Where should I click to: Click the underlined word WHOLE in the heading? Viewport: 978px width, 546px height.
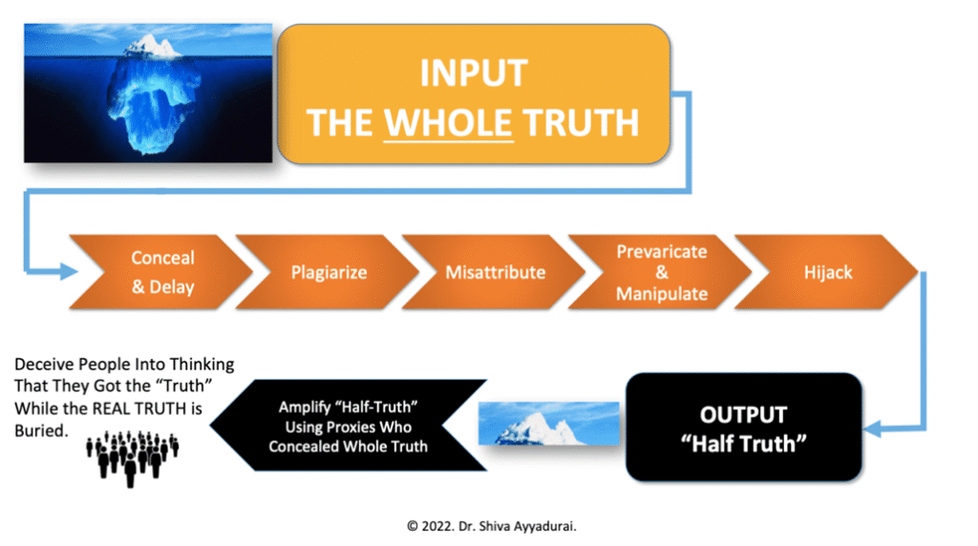448,123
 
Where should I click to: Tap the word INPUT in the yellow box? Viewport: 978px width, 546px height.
474,73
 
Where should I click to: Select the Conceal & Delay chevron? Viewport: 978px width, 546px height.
160,272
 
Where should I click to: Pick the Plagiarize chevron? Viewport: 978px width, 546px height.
328,272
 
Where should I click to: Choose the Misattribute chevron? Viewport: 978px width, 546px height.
494,272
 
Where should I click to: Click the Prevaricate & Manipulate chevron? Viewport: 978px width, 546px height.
661,272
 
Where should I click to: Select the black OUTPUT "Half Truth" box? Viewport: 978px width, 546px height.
743,427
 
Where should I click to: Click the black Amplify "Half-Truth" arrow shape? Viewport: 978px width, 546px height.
348,426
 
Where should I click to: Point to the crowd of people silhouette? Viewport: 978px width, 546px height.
132,457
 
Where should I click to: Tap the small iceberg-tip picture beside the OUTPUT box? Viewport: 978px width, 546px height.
549,424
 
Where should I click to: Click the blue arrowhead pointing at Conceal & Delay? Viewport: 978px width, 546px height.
69,271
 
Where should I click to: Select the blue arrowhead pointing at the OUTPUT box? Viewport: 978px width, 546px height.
873,429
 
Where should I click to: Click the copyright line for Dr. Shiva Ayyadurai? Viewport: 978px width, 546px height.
492,526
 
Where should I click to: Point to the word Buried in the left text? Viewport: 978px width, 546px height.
40,430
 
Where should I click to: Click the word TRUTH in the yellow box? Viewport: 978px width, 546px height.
581,123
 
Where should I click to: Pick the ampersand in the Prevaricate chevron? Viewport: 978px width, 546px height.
662,272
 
